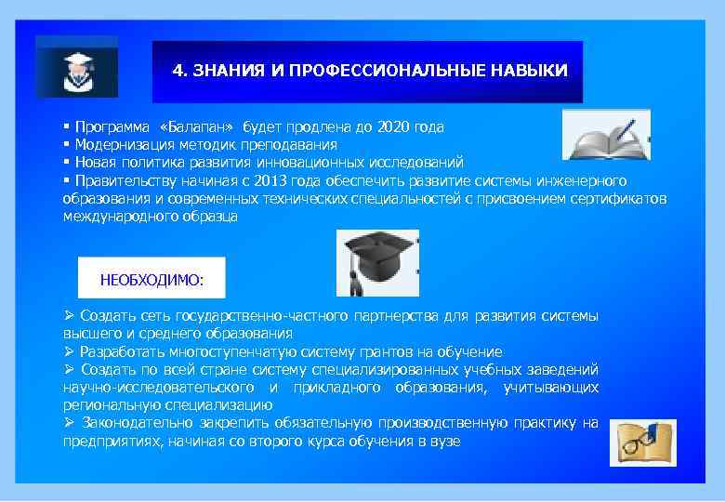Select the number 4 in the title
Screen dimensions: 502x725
[x=178, y=71]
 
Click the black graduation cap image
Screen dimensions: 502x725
[x=376, y=261]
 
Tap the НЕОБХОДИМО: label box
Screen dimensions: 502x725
[x=151, y=277]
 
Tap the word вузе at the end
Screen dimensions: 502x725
[x=444, y=441]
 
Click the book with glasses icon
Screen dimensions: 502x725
[x=642, y=442]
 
